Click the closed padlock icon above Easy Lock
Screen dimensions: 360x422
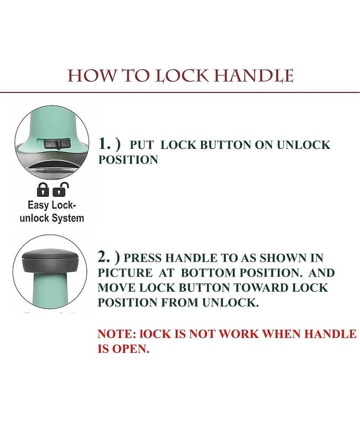(43, 189)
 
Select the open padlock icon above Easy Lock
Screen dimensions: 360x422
(61, 189)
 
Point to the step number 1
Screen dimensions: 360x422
(104, 143)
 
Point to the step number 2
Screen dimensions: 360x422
(104, 257)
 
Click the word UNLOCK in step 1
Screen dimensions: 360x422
(303, 145)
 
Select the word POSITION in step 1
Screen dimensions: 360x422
(128, 160)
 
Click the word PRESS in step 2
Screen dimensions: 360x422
(142, 258)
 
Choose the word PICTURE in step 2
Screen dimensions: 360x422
(125, 273)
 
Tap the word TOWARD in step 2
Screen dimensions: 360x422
(261, 287)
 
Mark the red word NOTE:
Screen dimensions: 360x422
(117, 334)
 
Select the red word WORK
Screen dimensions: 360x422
(239, 334)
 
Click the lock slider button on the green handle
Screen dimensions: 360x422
(57, 144)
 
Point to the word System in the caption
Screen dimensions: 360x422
(68, 218)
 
